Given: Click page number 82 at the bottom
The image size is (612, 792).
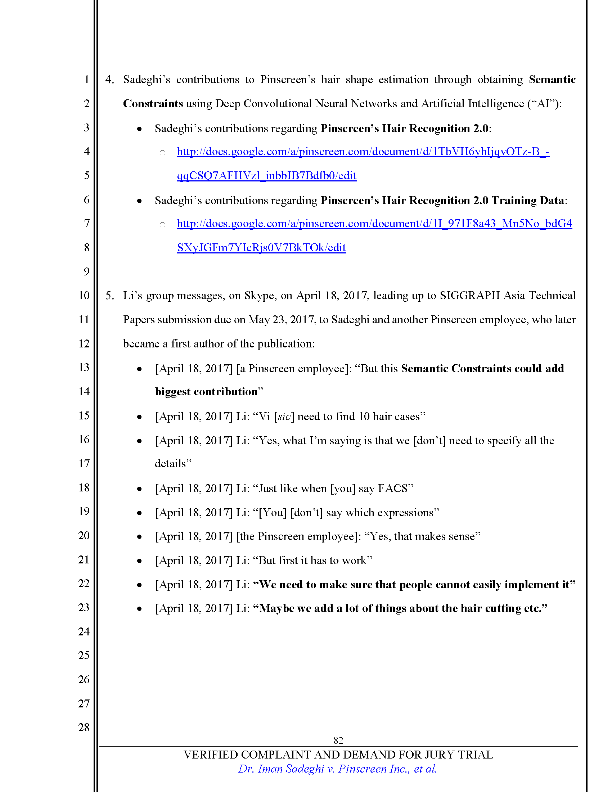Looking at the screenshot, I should [338, 740].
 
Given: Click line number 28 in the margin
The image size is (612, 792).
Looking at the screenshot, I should [84, 727].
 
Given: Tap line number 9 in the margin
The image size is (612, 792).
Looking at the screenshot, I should [86, 271].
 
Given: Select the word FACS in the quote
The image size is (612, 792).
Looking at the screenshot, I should [393, 489].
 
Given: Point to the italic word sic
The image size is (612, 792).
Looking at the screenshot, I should [284, 417].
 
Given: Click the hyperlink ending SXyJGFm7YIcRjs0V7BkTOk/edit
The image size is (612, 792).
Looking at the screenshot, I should [261, 248].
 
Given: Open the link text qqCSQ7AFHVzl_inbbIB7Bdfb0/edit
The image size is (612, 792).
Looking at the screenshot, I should [266, 176].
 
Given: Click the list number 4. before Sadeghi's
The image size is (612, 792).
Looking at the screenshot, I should [109, 80].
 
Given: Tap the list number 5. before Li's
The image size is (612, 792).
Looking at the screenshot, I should [109, 296].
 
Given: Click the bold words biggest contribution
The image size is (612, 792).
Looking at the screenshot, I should [206, 392].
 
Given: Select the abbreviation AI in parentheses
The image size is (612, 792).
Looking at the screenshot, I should [544, 104].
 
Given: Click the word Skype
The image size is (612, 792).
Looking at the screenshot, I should [259, 296].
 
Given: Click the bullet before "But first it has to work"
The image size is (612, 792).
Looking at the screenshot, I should [139, 561].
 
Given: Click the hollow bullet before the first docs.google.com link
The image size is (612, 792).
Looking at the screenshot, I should [162, 153].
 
